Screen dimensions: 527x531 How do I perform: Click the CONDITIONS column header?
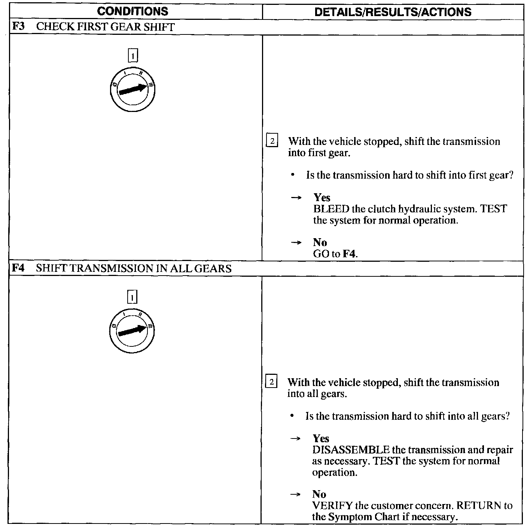point(132,11)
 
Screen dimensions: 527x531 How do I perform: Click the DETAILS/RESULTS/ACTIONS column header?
point(393,12)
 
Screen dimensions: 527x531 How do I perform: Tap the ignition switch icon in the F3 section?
point(132,89)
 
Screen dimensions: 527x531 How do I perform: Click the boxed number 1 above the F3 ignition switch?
point(133,56)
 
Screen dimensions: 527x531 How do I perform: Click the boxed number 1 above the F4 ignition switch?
point(132,297)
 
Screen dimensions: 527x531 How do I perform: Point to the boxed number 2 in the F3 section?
point(272,142)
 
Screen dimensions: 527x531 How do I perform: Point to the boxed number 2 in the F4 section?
point(271,382)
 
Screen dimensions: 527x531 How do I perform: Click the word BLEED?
point(331,209)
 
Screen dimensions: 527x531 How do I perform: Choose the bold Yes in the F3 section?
point(322,198)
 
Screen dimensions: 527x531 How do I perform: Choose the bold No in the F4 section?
point(319,494)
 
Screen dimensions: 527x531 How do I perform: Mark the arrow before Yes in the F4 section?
point(296,439)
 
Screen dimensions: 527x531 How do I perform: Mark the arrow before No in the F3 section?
point(296,243)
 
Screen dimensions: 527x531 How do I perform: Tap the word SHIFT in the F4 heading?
point(49,268)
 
